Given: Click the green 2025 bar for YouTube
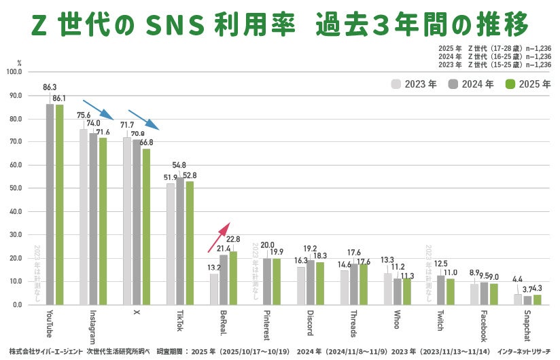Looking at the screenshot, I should (59, 204).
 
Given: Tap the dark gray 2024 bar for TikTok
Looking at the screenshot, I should (180, 241).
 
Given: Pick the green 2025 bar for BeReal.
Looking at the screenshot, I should (233, 278).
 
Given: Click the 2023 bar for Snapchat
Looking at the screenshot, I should (518, 300).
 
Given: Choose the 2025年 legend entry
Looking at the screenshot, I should (527, 84).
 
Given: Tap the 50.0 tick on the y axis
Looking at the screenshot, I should (13, 188).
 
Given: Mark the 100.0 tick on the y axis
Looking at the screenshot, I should (13, 71).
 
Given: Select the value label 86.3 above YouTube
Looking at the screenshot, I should (50, 88).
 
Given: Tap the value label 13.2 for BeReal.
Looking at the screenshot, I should (213, 267).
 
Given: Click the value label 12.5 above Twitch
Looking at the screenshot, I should (441, 263).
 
